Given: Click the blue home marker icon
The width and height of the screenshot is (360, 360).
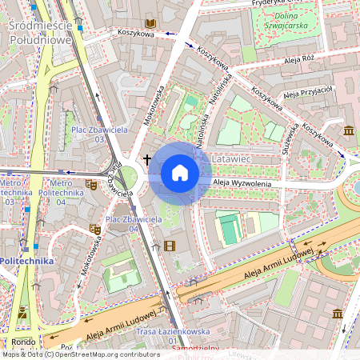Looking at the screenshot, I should [180, 173].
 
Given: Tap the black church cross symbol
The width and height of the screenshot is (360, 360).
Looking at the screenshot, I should [147, 159].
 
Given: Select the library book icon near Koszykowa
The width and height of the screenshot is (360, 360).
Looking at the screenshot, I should [150, 24].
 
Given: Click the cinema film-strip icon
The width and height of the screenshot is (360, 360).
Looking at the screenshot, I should [169, 246].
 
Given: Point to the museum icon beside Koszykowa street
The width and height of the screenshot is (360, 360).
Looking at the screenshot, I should [349, 130].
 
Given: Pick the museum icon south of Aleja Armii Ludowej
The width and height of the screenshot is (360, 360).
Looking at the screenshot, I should [337, 313].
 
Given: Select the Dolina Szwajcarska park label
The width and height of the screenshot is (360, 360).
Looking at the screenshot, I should [286, 22].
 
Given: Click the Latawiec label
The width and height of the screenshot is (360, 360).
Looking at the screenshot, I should [233, 161].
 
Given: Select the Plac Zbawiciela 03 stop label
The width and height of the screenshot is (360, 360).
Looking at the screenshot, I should [89, 134].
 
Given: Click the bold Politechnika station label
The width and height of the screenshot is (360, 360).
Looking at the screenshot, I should [27, 261].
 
